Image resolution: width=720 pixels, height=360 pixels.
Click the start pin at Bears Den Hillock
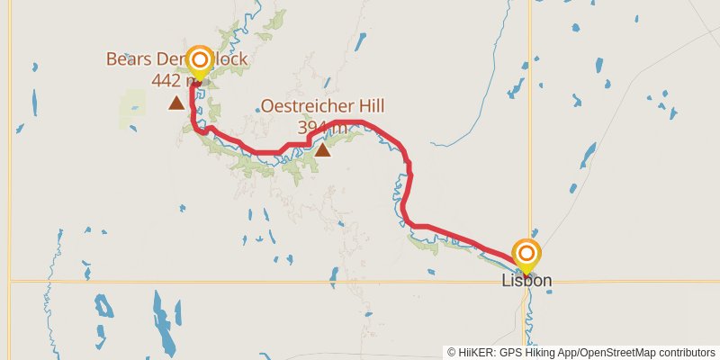click(x=199, y=62)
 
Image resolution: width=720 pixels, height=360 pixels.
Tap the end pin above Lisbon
click(x=526, y=255)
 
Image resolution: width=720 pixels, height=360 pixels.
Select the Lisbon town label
click(x=526, y=281)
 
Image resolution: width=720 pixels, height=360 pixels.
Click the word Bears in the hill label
click(x=126, y=59)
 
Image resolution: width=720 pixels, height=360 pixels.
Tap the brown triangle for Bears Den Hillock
click(x=176, y=103)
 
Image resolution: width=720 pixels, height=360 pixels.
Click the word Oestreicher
click(x=299, y=106)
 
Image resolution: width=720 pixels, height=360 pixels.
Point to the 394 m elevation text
click(x=320, y=127)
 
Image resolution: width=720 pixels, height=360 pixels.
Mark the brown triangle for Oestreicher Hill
click(x=322, y=149)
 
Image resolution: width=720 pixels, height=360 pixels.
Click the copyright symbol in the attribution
click(x=452, y=352)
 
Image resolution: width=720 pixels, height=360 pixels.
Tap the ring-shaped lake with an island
click(x=105, y=309)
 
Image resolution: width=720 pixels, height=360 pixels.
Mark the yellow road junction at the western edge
click(x=10, y=282)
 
